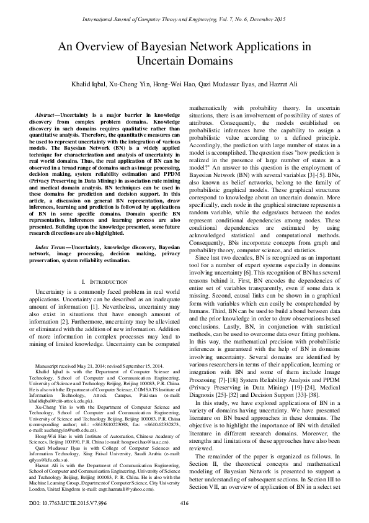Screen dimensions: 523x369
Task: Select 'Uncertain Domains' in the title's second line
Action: [184, 61]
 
